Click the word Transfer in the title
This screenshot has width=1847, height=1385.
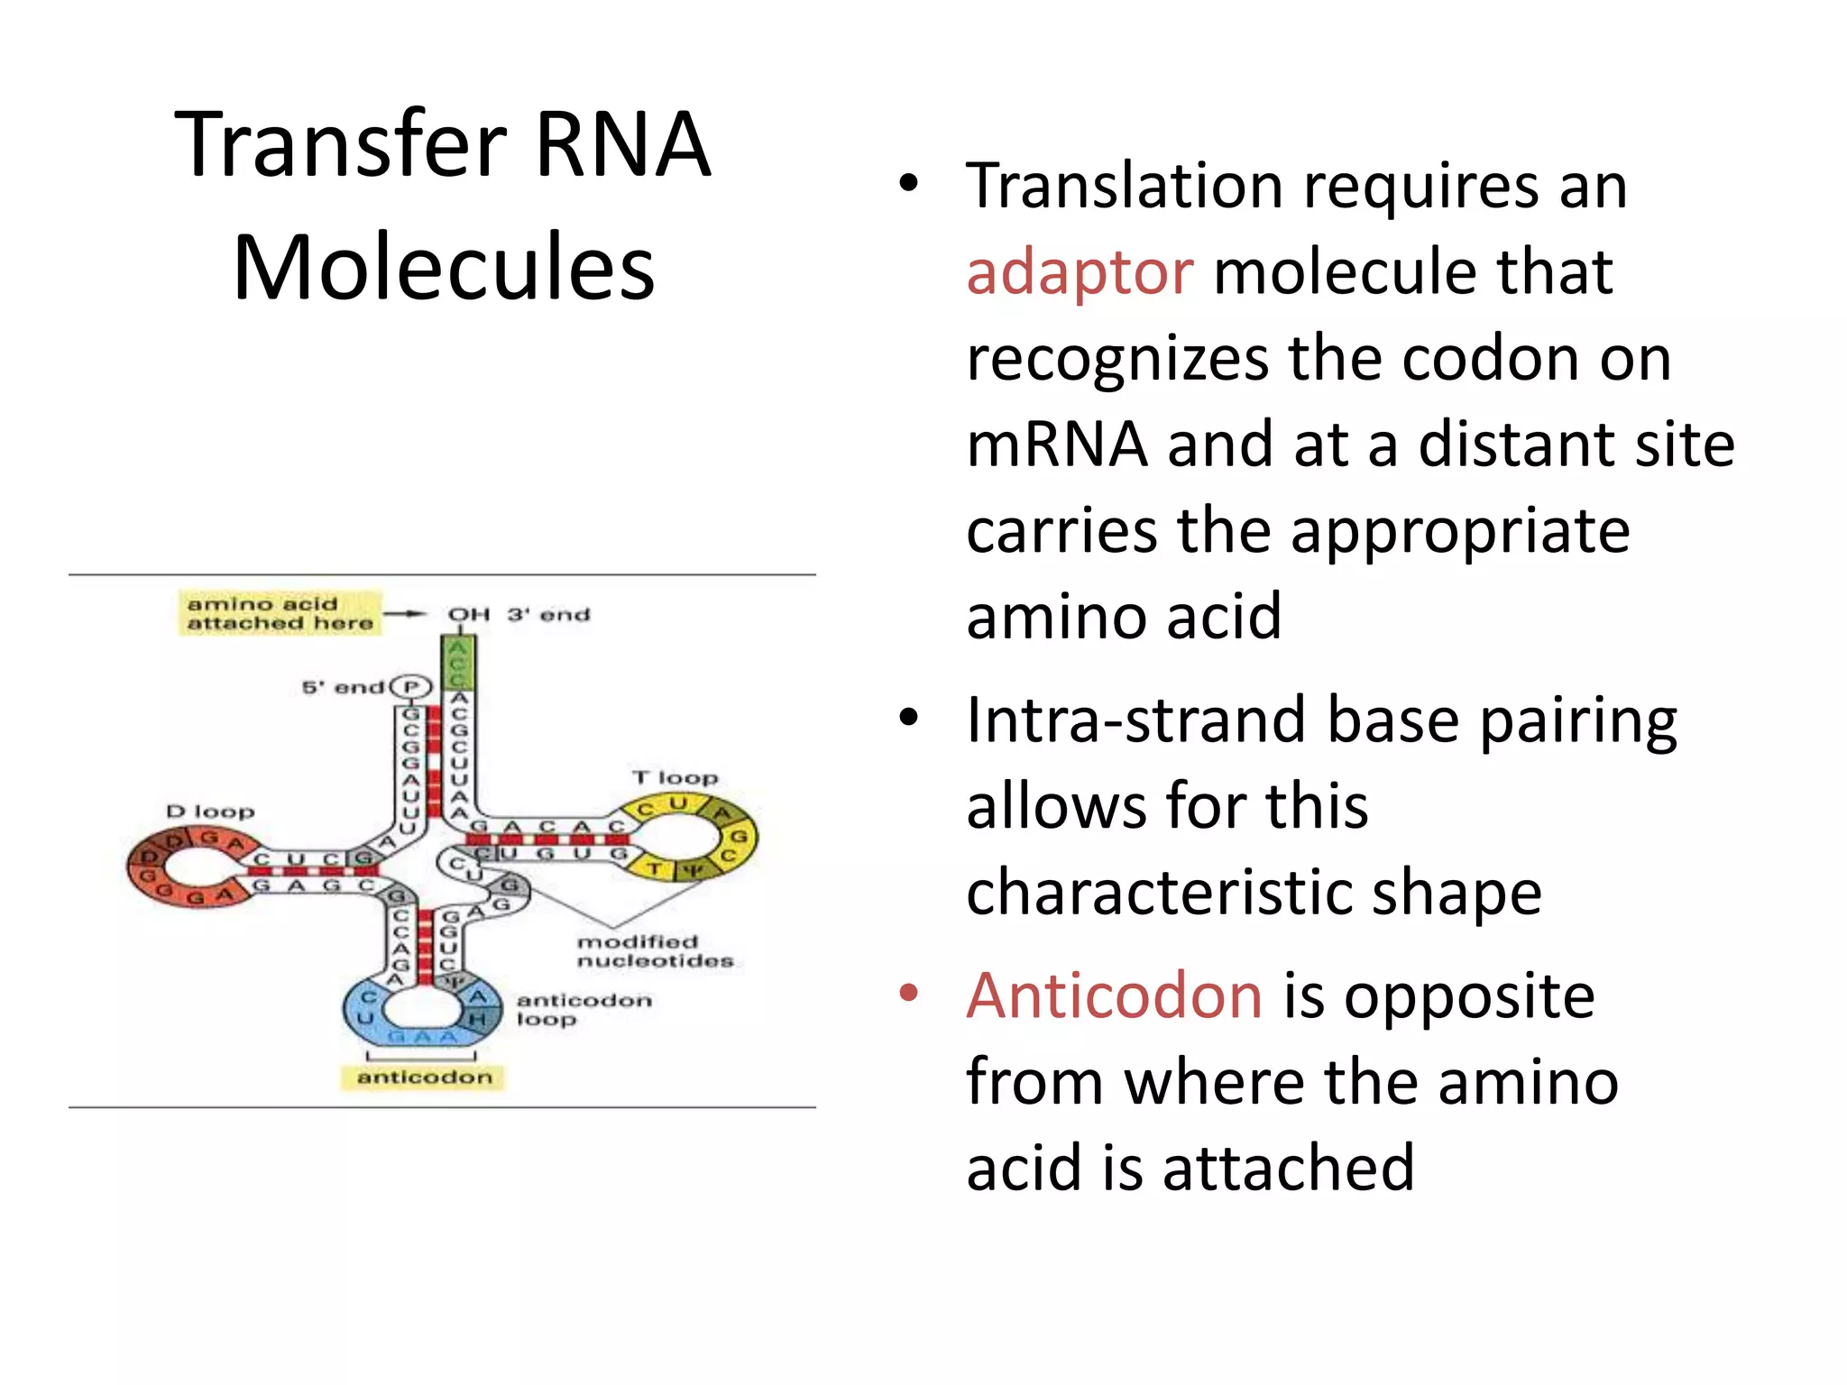[x=341, y=144]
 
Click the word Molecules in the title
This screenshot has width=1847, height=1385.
[x=444, y=267]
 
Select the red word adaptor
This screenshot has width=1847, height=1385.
[x=1080, y=272]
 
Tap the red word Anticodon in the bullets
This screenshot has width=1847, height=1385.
[x=1114, y=996]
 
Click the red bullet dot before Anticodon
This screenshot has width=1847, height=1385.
[x=908, y=993]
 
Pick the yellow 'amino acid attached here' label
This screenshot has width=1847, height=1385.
[x=279, y=613]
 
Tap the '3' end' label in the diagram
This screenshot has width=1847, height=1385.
[x=548, y=615]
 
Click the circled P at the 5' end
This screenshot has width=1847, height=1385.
[x=412, y=688]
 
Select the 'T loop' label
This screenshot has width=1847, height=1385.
[x=675, y=777]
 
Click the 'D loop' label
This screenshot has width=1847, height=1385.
[x=210, y=812]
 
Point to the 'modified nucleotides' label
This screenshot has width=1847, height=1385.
[x=655, y=951]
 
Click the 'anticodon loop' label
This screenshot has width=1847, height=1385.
[x=583, y=1009]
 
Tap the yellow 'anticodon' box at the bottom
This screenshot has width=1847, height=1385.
[x=424, y=1078]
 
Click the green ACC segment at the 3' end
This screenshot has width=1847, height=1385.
[x=458, y=663]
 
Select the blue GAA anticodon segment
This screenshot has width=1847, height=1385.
[x=422, y=1037]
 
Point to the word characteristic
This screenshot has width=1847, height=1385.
[x=1254, y=894]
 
